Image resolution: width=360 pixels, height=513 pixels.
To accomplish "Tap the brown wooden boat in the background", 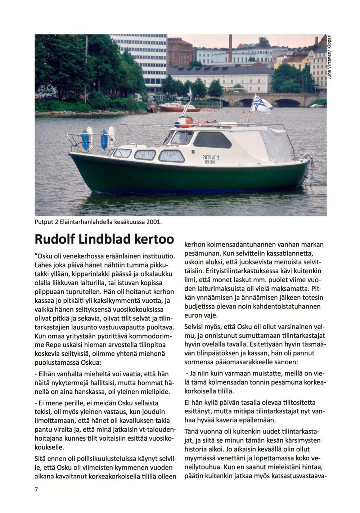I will pos(179,108).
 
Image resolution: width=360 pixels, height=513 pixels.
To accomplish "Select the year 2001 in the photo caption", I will pos(153,222).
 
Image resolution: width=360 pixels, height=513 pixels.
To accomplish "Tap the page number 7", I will pos(36,490).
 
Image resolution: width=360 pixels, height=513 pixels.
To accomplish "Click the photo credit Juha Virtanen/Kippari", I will pos(329,58).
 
